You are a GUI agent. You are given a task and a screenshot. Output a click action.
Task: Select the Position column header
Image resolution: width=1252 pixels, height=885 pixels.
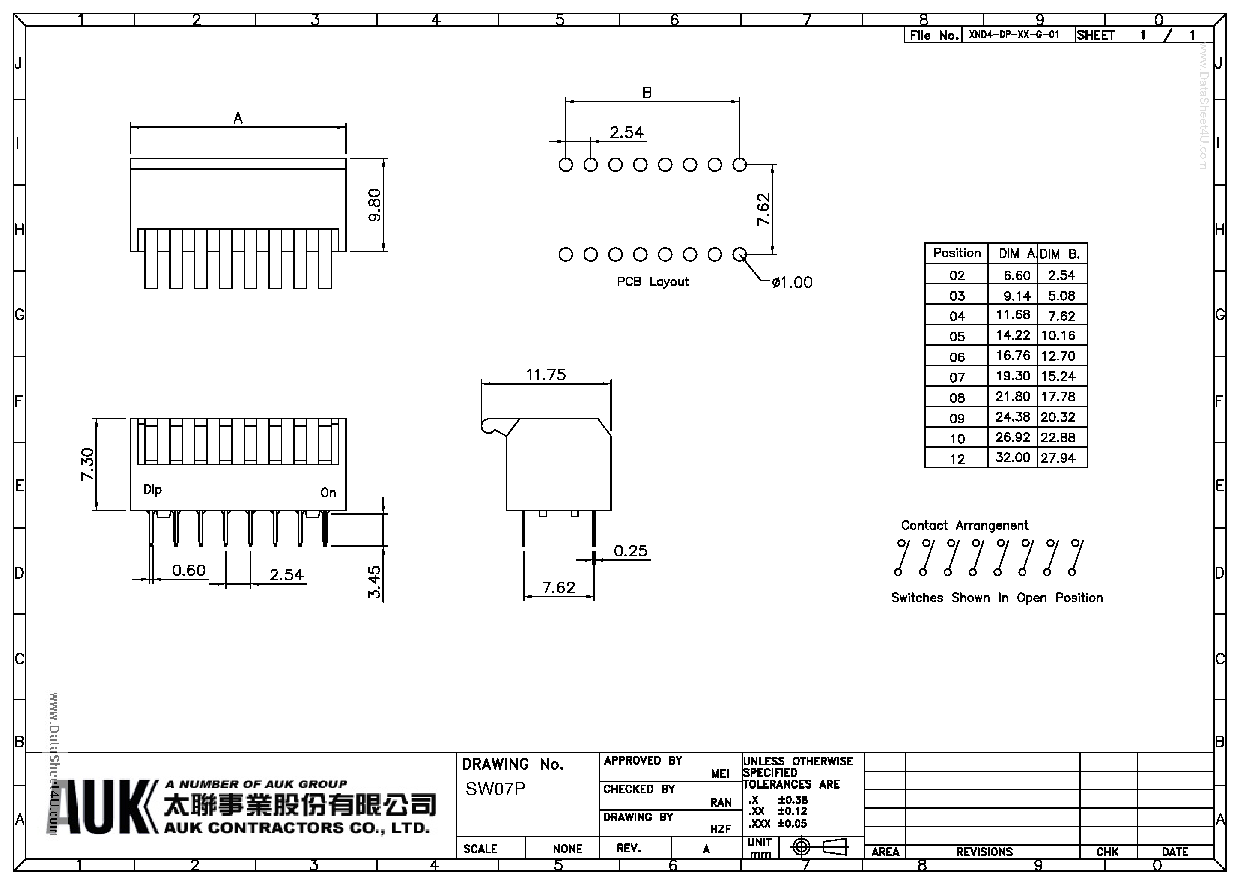click(x=957, y=253)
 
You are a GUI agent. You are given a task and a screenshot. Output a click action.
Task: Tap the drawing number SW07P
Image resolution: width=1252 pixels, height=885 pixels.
click(x=495, y=789)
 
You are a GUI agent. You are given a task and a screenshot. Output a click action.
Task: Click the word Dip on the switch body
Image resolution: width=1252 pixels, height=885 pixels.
click(x=153, y=490)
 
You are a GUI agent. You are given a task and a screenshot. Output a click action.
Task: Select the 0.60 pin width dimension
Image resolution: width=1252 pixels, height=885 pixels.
click(x=189, y=570)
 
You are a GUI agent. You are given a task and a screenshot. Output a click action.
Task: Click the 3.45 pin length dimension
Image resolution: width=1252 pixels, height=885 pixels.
click(x=374, y=582)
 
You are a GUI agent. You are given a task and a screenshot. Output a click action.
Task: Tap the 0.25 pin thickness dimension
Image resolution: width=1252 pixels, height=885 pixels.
click(x=630, y=550)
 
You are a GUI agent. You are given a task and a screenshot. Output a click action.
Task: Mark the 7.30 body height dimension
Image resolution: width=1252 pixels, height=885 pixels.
click(x=88, y=464)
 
